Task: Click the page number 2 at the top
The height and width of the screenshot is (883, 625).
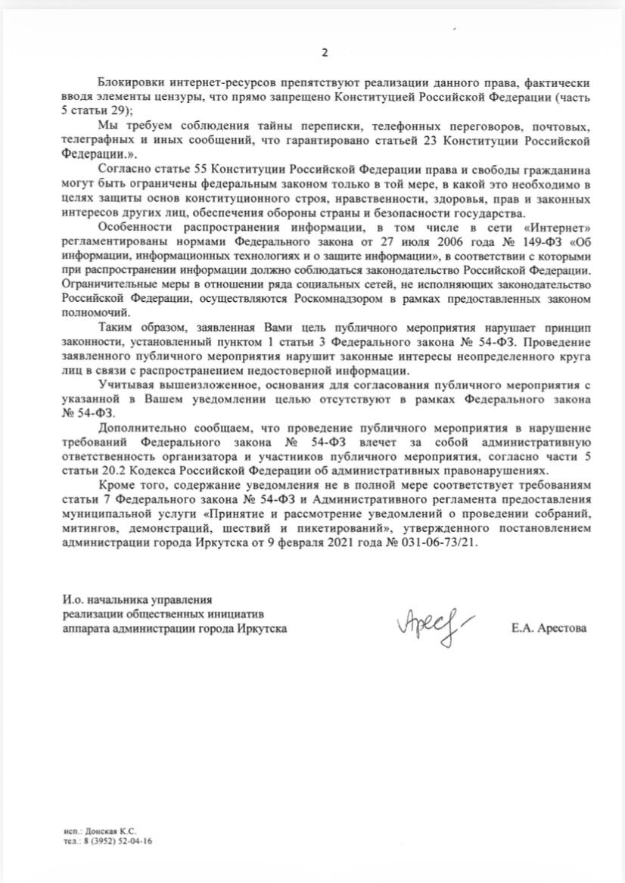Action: coord(325,52)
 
